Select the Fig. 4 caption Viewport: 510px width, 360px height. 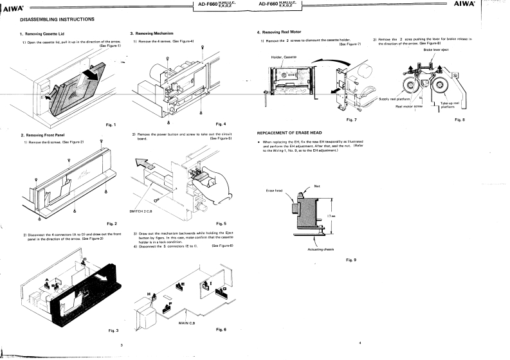pyautogui.click(x=221, y=123)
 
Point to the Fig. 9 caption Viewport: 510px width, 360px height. pyautogui.click(x=351, y=259)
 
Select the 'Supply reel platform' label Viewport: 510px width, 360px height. pyautogui.click(x=395, y=99)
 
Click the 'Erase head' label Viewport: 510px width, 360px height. pyautogui.click(x=275, y=190)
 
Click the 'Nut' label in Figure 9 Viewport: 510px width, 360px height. pyautogui.click(x=317, y=186)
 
